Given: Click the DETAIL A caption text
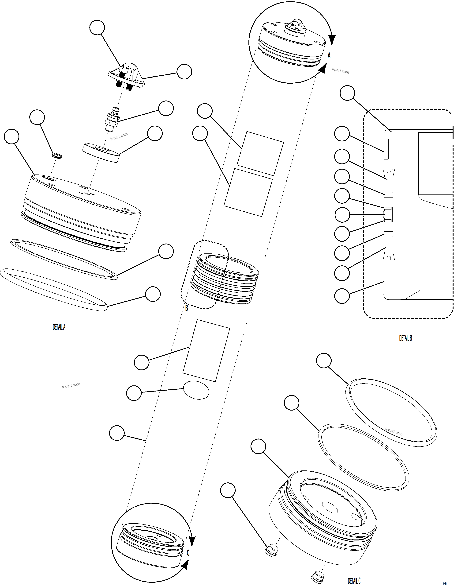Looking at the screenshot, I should coord(59,327).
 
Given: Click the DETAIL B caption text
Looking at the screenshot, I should coord(405,338).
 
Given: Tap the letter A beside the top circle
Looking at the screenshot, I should coord(329,56).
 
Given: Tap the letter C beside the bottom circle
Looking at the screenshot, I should coord(188,553).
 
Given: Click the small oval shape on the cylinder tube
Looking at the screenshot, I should coord(196,390).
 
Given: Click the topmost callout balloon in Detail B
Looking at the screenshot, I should coord(347,93).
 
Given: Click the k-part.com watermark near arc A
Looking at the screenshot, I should coord(340,71).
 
